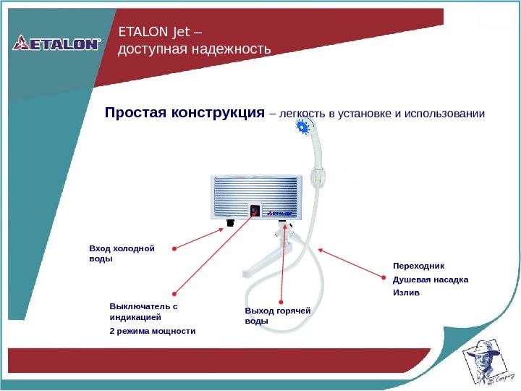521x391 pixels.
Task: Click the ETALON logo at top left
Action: [x=56, y=43]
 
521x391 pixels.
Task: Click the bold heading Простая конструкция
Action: [x=185, y=114]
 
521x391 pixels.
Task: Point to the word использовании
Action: [x=444, y=114]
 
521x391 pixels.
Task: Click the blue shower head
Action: [x=302, y=128]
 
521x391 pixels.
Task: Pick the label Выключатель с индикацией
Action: [x=143, y=311]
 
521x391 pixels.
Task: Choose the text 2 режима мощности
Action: [x=152, y=331]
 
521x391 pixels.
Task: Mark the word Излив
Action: [x=406, y=293]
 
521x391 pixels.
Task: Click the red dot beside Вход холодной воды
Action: [x=174, y=249]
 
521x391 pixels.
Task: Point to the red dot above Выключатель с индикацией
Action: [x=174, y=294]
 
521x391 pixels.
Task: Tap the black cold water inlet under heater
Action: [x=230, y=223]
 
